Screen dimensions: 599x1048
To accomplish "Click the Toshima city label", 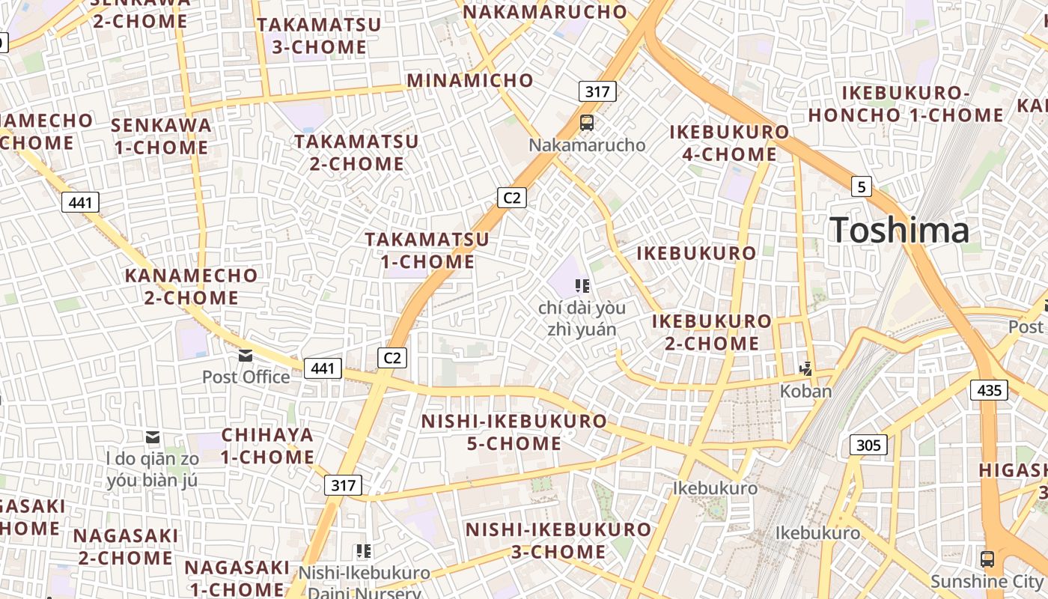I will pos(899,230).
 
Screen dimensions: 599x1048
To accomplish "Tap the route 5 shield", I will pos(862,186).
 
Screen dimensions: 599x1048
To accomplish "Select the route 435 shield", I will pos(989,390).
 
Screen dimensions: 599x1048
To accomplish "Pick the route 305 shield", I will pos(868,446).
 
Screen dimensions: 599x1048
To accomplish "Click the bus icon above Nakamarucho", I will pos(587,123).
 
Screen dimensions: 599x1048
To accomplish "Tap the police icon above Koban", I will pos(806,368).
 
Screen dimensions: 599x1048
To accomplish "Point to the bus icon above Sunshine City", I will pos(987,559).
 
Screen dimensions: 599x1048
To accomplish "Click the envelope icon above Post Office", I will pos(246,355).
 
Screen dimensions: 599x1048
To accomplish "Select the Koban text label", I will pos(805,391).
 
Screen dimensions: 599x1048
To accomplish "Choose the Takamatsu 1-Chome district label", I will pos(427,250).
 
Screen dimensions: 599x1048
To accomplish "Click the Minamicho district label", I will pos(470,80).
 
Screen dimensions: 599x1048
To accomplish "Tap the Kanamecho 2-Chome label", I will pos(191,286).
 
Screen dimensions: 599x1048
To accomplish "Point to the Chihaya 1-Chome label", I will pos(267,446).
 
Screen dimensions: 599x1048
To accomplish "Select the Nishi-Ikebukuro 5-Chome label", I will pos(514,432).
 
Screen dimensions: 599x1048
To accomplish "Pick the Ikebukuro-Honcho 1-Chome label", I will pos(906,104).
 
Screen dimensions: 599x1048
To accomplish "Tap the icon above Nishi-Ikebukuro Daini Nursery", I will pos(364,552).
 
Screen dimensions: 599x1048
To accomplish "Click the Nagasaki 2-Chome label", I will pos(126,547).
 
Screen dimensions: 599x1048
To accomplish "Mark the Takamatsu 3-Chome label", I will pos(319,35).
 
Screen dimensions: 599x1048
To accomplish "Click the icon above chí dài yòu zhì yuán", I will pos(582,285).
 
